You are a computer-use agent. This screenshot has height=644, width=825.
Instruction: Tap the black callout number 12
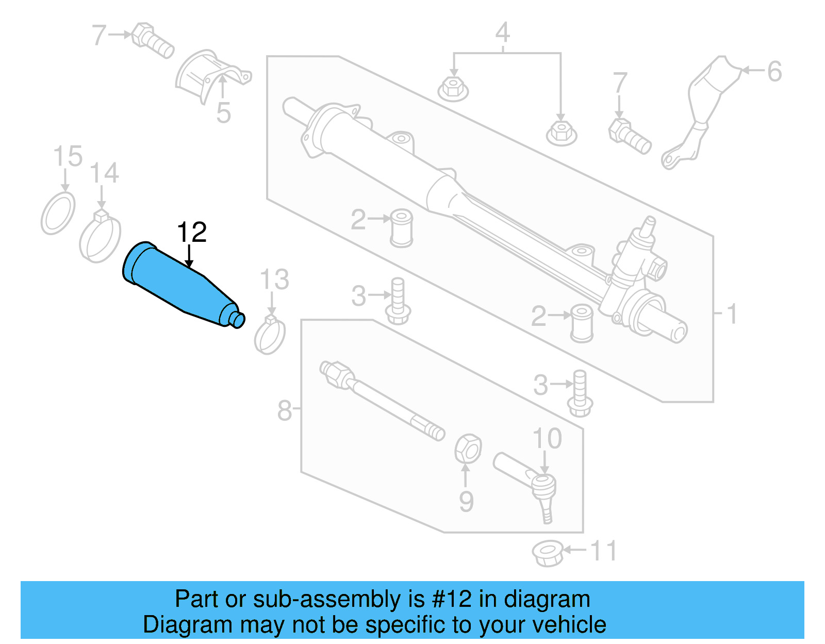pos(192,233)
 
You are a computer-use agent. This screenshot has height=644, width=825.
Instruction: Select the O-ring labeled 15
pos(58,212)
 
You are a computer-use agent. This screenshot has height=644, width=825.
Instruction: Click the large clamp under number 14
pos(100,238)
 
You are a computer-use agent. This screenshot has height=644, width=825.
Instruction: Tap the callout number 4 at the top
pos(503,32)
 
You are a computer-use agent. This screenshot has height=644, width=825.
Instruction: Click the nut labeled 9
pos(468,448)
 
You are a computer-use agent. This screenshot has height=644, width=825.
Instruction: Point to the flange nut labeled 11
pos(548,553)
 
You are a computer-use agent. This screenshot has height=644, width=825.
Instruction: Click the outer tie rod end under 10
pos(531,480)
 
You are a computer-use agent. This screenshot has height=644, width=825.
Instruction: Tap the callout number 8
pos(285,411)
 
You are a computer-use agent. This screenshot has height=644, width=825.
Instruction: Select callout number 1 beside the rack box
pos(732,313)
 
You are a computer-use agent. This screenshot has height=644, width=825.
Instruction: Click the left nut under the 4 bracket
pos(453,89)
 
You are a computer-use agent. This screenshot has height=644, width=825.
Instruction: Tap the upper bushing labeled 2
pos(401,227)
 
